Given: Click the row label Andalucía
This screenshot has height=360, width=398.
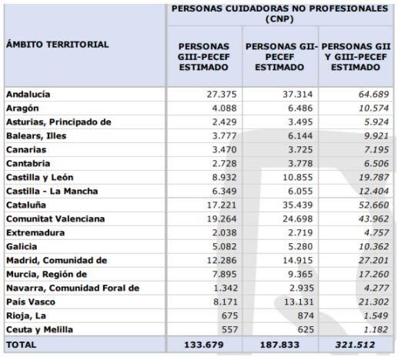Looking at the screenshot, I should point(28,94).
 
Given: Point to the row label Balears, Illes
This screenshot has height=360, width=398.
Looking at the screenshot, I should point(35,135).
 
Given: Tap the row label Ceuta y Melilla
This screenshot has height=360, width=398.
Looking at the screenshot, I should point(40,329).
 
